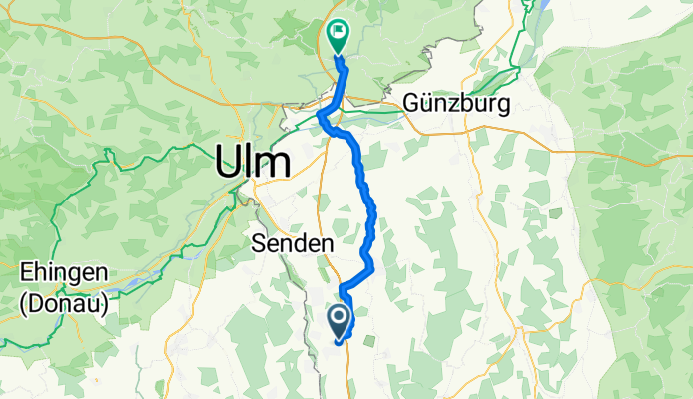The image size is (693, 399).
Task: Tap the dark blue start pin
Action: tap(339, 321)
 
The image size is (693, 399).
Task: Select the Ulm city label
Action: tap(254, 161)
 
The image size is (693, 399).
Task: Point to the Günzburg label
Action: tap(457, 103)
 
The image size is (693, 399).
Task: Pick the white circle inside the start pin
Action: tap(339, 317)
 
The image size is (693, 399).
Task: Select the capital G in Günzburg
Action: tap(412, 103)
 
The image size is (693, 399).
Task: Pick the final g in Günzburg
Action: tap(504, 105)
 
